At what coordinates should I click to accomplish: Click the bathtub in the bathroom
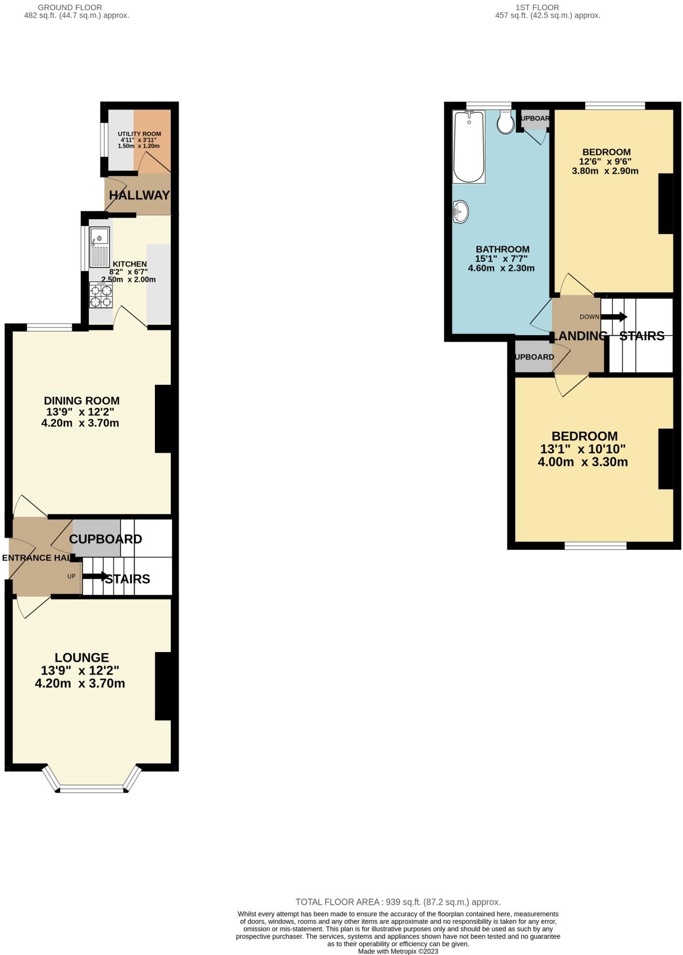click(469, 147)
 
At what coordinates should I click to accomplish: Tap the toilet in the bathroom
click(505, 123)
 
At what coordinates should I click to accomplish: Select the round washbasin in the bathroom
click(461, 212)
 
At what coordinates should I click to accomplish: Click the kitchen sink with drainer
click(100, 248)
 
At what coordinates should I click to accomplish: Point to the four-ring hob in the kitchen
click(101, 295)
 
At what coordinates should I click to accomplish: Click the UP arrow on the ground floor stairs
click(96, 577)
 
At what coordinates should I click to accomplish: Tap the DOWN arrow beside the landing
click(613, 317)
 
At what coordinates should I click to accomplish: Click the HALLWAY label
click(139, 196)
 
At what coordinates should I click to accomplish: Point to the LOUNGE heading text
click(82, 658)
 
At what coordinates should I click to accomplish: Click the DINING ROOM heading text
click(82, 401)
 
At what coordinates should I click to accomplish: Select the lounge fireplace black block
click(163, 686)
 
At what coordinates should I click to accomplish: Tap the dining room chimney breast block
click(163, 419)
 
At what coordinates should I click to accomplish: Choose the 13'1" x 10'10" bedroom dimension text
click(583, 449)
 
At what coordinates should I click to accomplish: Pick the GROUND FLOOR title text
click(70, 7)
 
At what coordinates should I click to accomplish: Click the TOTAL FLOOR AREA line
click(398, 902)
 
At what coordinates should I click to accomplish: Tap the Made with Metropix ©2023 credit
click(398, 951)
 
